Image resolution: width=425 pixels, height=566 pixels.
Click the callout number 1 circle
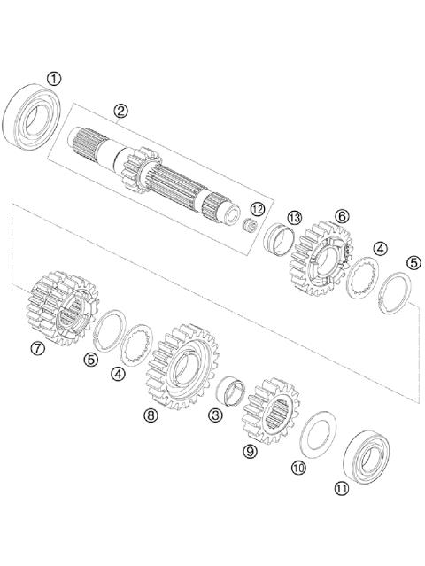pos(55,79)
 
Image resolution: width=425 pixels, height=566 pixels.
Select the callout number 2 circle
pos(121,111)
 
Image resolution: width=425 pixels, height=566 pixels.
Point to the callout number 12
pos(256,210)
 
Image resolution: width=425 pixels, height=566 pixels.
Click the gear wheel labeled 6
pos(320,253)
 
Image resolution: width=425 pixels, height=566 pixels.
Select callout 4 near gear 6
pos(379,249)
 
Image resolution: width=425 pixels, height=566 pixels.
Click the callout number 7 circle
pos(37,348)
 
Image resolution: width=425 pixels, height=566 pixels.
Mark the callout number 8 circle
pos(151,415)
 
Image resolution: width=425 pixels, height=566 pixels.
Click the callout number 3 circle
pos(213,414)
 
